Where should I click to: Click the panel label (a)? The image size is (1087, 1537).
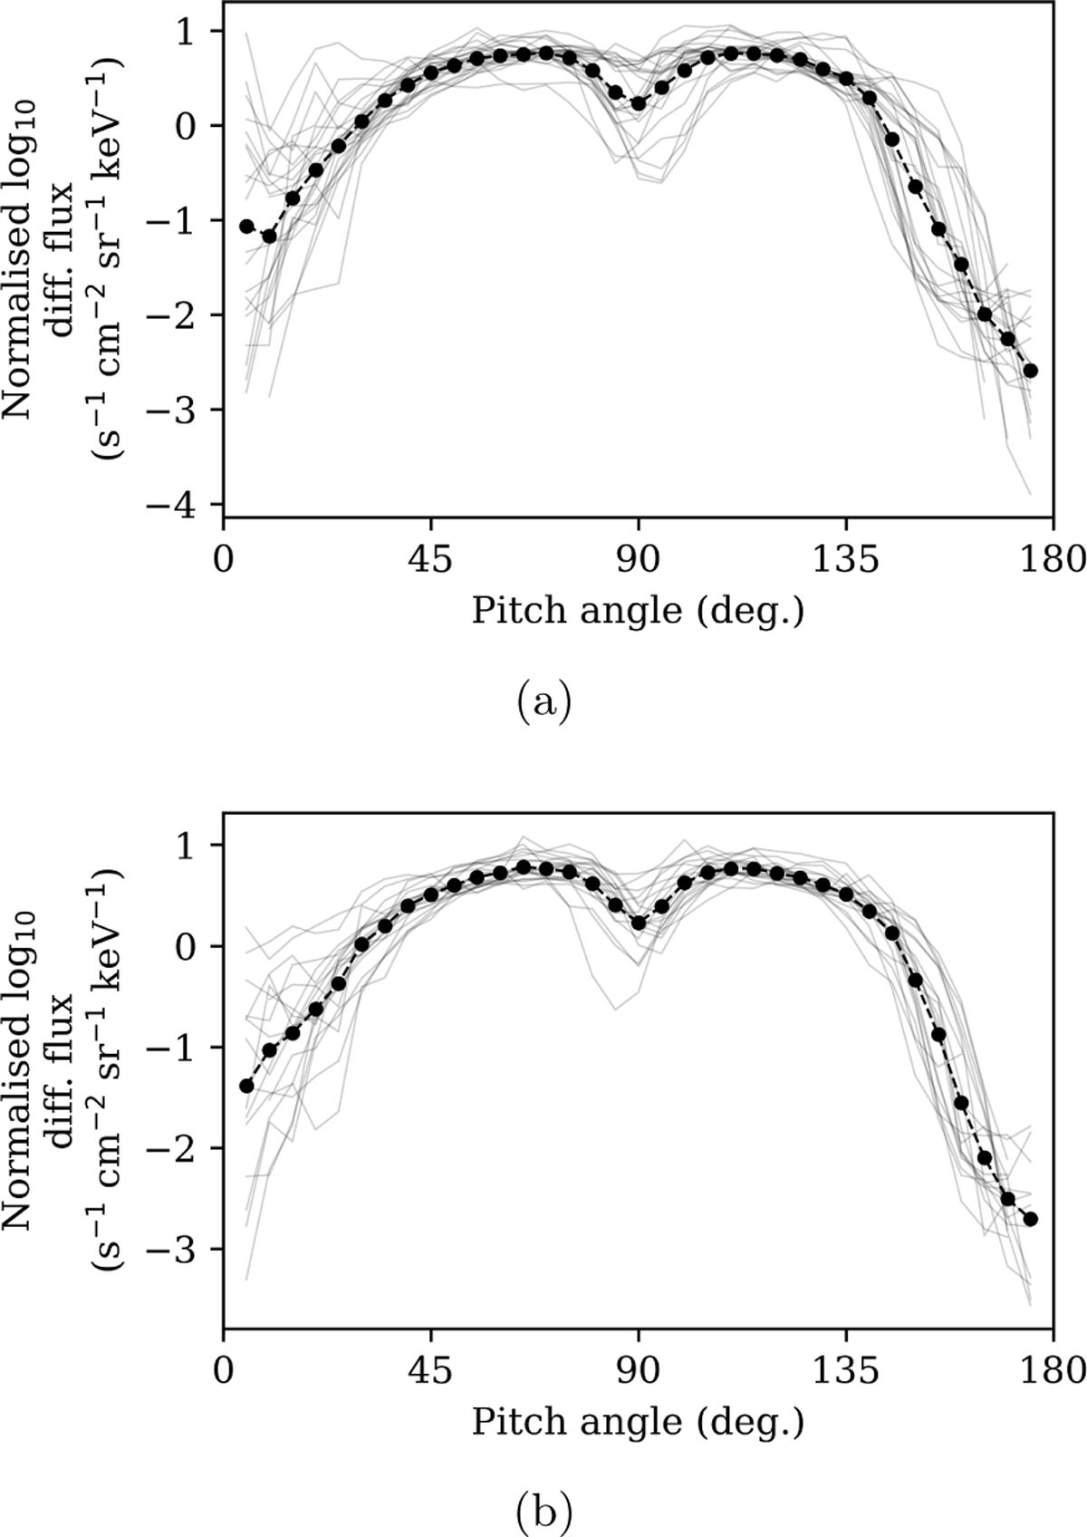pos(543,703)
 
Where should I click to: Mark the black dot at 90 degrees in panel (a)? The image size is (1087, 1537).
pos(639,103)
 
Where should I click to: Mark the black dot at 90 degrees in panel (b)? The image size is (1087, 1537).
pos(639,923)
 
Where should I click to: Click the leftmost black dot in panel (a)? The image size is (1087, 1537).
pos(245,226)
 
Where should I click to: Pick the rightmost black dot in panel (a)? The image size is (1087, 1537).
pos(1031,371)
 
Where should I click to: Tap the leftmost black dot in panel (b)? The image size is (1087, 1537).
pos(245,1085)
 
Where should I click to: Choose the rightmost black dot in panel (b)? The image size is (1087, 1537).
pos(1031,1219)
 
